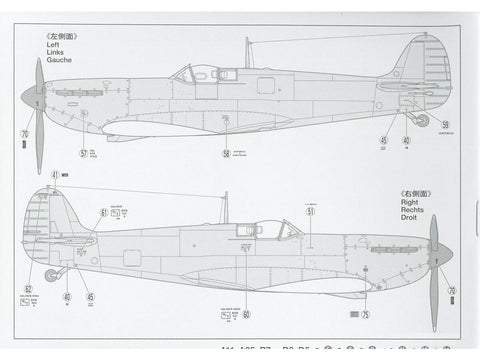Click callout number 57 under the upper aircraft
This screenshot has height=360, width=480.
pyautogui.click(x=84, y=153)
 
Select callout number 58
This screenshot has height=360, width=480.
pyautogui.click(x=226, y=153)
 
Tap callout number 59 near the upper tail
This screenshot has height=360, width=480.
pyautogui.click(x=445, y=125)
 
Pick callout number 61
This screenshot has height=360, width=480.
pyautogui.click(x=104, y=212)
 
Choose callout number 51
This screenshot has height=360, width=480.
pyautogui.click(x=310, y=211)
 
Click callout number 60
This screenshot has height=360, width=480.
pyautogui.click(x=246, y=259)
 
